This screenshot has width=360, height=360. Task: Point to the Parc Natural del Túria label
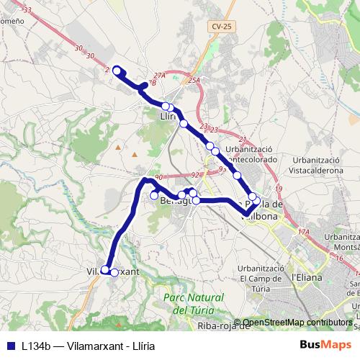(189, 303)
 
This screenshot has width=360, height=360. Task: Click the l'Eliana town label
(305, 276)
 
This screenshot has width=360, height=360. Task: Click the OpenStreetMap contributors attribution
(297, 323)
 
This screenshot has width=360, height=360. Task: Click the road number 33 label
(27, 10)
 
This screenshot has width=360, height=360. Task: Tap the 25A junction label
(193, 80)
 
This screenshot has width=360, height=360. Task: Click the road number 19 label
(278, 188)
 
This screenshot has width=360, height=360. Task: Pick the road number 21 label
(242, 139)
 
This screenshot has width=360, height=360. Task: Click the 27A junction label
(159, 75)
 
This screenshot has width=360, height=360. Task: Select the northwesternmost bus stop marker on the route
(117, 70)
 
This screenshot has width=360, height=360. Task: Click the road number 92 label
(195, 174)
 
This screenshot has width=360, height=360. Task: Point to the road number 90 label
(159, 177)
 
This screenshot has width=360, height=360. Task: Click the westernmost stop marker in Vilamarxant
(105, 270)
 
